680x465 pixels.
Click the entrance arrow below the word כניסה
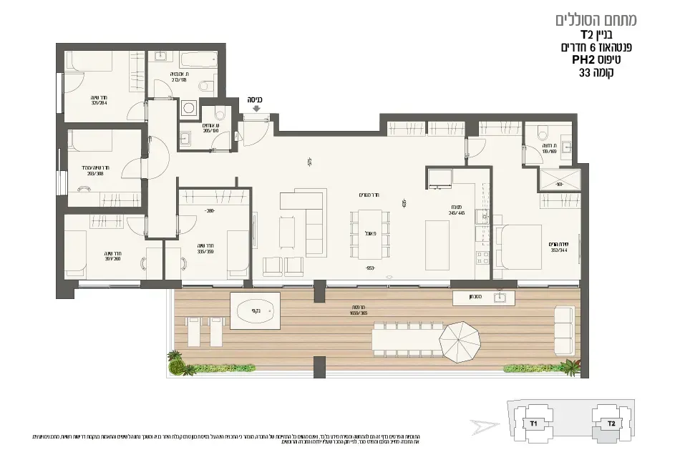(x=256, y=110)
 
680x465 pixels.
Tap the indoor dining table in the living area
(x=366, y=232)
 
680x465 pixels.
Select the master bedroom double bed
(x=522, y=246)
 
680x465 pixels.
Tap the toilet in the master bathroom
(x=541, y=133)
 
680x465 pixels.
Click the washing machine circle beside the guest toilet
(x=189, y=109)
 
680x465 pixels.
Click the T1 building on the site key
(x=533, y=424)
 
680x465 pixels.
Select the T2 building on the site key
(x=610, y=424)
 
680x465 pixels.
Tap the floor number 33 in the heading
(x=586, y=72)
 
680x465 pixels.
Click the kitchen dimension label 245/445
(x=457, y=212)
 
